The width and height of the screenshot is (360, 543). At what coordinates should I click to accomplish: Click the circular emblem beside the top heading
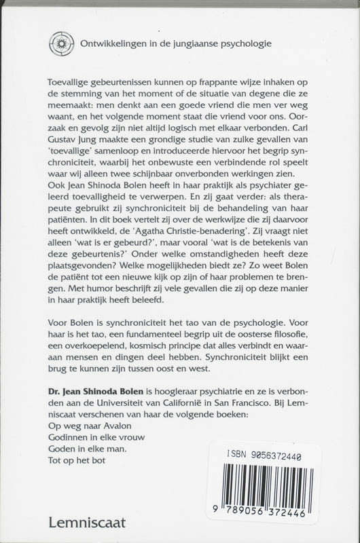[x=61, y=43]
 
